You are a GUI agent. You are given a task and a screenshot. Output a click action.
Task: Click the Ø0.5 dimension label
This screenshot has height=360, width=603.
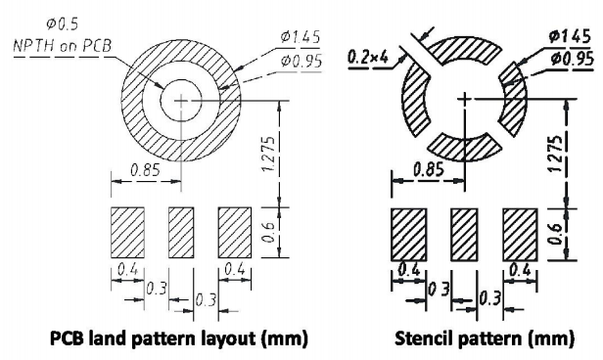[x=63, y=25]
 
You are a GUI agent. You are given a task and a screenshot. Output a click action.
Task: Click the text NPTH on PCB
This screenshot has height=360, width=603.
[x=63, y=46]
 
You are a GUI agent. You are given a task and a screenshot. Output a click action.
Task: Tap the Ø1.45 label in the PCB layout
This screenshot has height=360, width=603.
[x=301, y=37]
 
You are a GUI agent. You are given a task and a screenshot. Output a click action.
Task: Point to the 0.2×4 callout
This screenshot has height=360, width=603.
[x=368, y=58]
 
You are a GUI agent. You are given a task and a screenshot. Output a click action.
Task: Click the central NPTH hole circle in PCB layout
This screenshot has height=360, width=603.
[x=181, y=101]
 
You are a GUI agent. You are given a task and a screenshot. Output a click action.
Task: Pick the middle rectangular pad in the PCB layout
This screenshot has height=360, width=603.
[x=181, y=233]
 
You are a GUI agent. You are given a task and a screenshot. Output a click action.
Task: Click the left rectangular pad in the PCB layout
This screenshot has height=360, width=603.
[x=127, y=233]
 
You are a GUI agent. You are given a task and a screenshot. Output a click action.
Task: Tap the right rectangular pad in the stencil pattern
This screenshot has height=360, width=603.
[x=520, y=235]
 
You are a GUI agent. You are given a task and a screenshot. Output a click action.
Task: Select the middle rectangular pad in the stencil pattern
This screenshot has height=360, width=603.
[x=465, y=235]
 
